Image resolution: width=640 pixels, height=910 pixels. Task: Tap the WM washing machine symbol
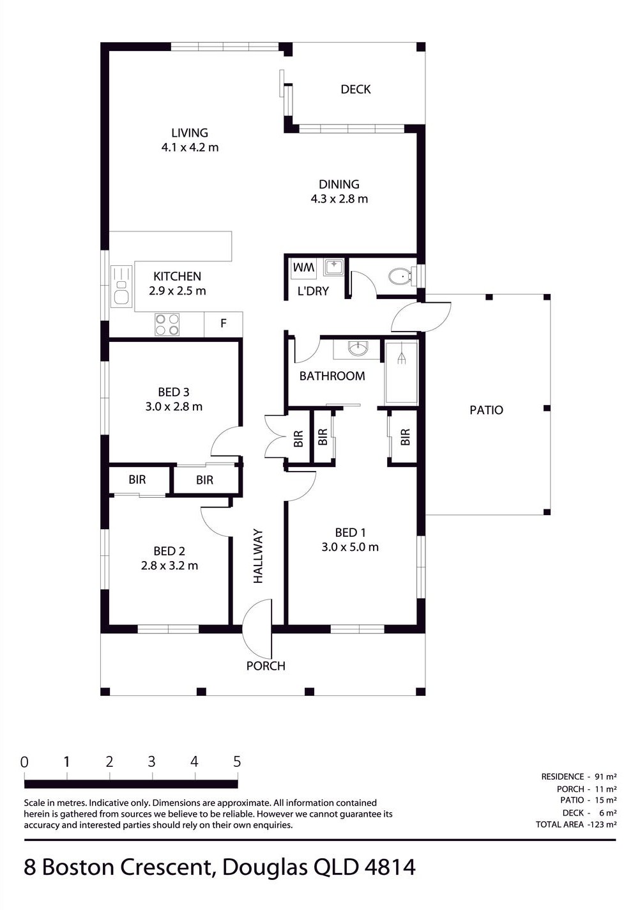(303, 268)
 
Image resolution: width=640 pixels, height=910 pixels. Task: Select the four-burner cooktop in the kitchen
(167, 325)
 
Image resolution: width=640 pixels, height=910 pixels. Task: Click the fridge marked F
(224, 324)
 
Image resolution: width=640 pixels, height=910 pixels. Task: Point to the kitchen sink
(121, 286)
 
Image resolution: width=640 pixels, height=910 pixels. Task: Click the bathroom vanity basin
(358, 348)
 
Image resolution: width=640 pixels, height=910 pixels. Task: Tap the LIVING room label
(190, 133)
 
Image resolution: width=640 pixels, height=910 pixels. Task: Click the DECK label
(356, 89)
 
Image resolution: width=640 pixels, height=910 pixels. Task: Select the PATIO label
(486, 410)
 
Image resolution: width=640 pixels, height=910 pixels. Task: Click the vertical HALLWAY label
(258, 556)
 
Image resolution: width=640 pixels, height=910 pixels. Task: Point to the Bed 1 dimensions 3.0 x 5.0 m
(350, 547)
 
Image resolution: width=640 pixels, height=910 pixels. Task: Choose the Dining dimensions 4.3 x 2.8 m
(339, 199)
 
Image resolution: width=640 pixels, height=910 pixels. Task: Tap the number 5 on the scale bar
(237, 761)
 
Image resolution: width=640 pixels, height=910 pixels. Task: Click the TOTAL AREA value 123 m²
(603, 824)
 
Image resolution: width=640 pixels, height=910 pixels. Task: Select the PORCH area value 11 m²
(606, 789)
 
